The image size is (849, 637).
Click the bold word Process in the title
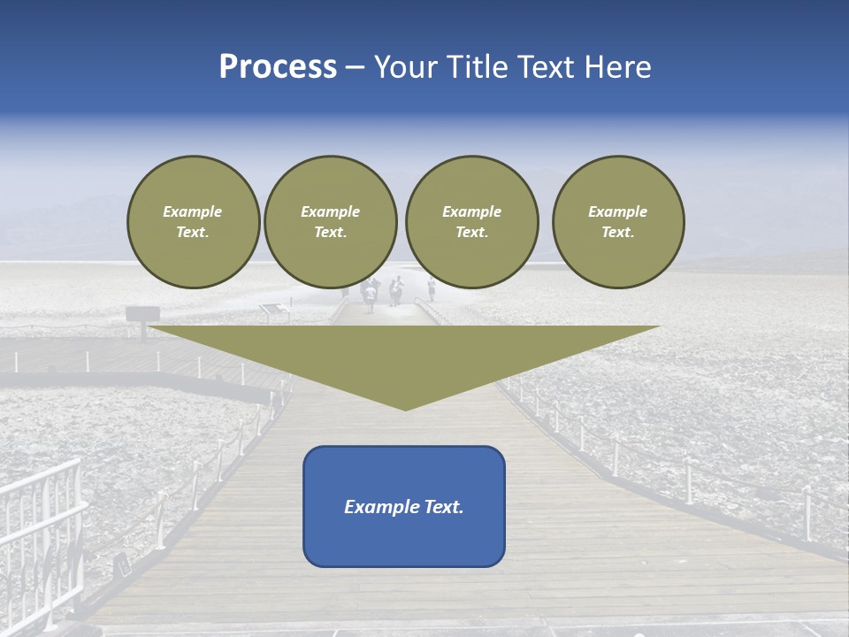point(278,67)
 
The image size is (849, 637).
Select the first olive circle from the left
point(193,221)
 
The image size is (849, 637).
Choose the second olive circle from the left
point(330,221)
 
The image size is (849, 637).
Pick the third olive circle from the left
point(471,221)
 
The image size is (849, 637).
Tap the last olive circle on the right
point(617,221)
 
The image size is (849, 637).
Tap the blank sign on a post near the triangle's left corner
point(141,314)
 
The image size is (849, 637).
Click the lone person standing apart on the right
point(432,288)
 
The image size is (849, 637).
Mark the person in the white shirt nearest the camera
point(370,295)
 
